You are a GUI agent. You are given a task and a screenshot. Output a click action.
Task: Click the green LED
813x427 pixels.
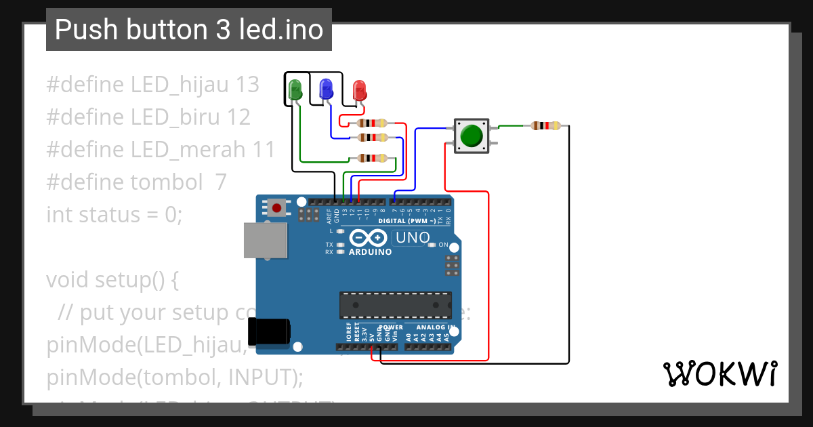pos(295,89)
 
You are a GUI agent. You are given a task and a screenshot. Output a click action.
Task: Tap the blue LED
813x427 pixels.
pos(327,88)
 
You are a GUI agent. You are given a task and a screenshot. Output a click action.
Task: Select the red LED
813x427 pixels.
pos(359,89)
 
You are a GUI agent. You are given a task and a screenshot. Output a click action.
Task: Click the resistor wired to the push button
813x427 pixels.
pos(545,125)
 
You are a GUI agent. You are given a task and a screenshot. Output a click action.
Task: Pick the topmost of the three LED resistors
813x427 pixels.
pos(372,123)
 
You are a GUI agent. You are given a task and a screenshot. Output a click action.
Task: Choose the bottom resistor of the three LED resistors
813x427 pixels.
pos(372,159)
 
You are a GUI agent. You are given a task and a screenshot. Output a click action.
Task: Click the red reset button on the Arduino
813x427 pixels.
pos(276,207)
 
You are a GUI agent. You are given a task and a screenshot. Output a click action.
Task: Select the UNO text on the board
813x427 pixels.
pos(413,238)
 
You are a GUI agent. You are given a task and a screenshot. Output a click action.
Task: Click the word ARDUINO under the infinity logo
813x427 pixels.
pos(371,252)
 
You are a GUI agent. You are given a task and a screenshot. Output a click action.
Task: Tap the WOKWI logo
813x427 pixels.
pos(720,373)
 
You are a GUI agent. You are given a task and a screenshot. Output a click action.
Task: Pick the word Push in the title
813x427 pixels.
pos(83,30)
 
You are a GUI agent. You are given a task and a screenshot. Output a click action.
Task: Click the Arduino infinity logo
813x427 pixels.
pos(370,238)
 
